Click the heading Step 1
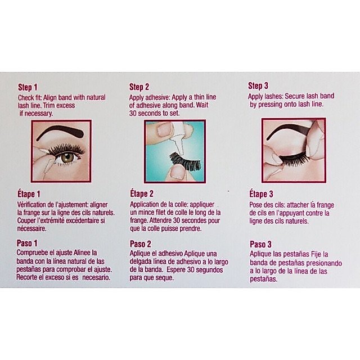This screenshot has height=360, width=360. [x=28, y=87]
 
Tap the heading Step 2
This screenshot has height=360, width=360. [x=139, y=87]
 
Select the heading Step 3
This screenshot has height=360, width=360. [x=258, y=86]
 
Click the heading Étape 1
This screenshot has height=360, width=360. [x=29, y=194]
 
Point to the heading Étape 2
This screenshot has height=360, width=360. [x=142, y=193]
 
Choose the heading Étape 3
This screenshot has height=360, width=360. [x=261, y=194]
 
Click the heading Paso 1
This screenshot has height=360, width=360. [x=27, y=243]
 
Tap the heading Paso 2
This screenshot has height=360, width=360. [x=141, y=244]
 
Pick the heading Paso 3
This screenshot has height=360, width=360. [x=260, y=245]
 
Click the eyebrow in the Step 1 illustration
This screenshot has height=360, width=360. [x=60, y=131]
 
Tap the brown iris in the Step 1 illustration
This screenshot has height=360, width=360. [x=67, y=157]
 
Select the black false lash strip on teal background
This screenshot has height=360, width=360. [x=185, y=161]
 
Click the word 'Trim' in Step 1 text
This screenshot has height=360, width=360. [x=49, y=105]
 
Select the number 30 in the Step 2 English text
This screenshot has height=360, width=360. [x=133, y=113]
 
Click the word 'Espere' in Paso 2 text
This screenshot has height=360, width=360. [x=175, y=270]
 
